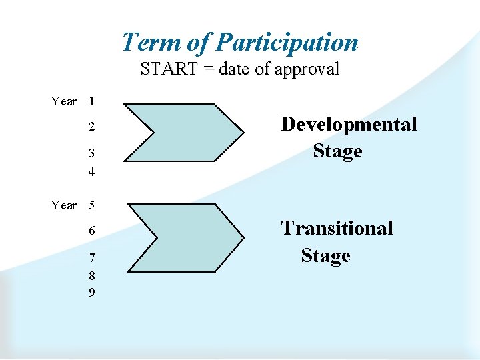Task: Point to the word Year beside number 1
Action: click(63, 101)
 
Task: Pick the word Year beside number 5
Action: click(63, 205)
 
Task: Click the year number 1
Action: click(91, 101)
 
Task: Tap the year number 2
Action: click(91, 127)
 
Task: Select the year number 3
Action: click(91, 154)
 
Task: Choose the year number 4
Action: click(91, 172)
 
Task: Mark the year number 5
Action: click(91, 205)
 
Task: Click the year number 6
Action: click(92, 231)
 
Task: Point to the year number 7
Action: click(91, 258)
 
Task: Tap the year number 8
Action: click(91, 276)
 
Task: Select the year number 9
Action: click(91, 292)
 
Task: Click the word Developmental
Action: click(349, 124)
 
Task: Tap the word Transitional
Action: click(337, 228)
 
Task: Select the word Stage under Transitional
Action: click(325, 255)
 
